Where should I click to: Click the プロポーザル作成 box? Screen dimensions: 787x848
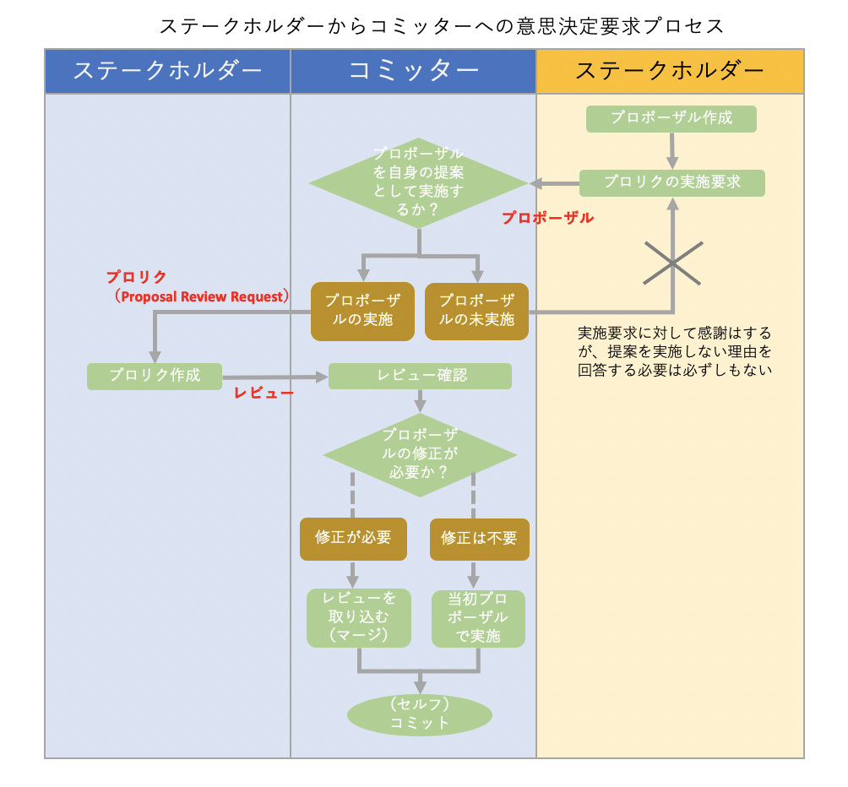671,118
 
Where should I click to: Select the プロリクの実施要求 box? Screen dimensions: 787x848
671,182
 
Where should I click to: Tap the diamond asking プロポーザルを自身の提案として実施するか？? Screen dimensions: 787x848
418,183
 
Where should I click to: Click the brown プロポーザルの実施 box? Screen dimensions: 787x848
362,311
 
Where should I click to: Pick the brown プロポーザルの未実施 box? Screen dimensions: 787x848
476,311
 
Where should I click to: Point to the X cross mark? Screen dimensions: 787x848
673,263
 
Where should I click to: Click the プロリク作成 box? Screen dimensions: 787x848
155,376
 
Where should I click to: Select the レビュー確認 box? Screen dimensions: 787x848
420,376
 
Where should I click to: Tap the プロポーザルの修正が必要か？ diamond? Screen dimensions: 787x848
420,455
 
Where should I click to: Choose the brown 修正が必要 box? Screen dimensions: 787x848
353,539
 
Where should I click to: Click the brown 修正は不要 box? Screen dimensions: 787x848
479,539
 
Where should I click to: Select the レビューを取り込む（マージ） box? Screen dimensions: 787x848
358,617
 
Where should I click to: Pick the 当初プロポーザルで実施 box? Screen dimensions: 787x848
478,617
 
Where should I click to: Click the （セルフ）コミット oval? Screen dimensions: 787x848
419,714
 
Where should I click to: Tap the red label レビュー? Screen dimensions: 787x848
264,393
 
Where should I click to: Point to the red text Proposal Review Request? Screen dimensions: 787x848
203,296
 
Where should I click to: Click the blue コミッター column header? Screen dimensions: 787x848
413,71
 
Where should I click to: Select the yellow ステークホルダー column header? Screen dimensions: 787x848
670,71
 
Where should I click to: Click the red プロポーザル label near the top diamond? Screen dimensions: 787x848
547,218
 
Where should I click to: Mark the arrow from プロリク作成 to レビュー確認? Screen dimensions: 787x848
275,377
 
